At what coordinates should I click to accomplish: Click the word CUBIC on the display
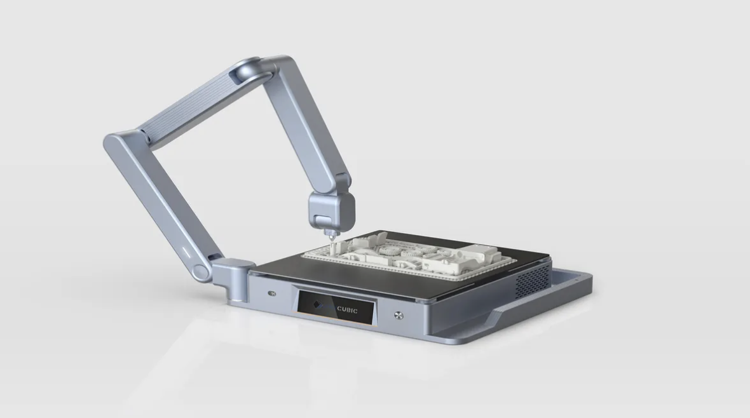[347, 309]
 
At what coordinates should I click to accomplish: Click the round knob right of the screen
[399, 315]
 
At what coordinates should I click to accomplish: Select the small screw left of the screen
[273, 293]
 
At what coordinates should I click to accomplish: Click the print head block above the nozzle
[331, 210]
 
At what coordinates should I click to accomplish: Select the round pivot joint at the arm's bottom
[201, 272]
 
